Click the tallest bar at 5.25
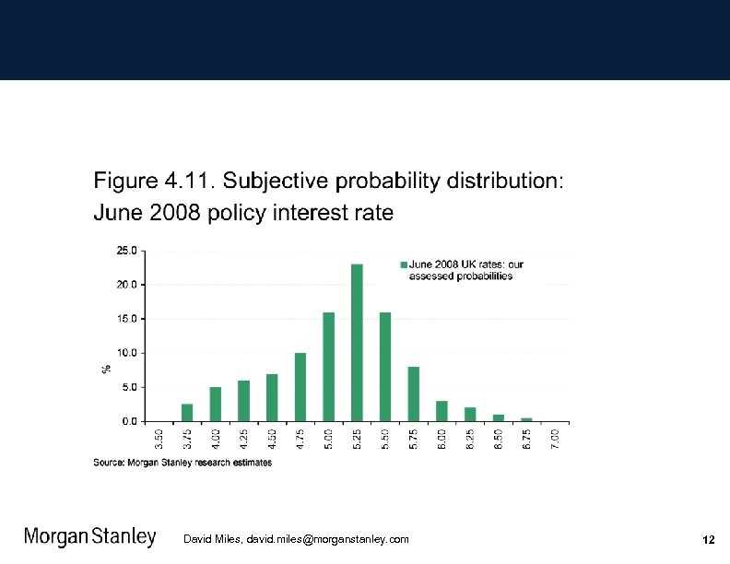pos(357,343)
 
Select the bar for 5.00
pos(328,367)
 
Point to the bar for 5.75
pos(413,394)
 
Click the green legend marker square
pos(403,264)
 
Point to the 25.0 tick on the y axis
pos(126,250)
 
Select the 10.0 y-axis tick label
pos(126,353)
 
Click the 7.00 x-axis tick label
pos(555,439)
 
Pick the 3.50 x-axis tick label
pos(159,439)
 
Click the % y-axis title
pos(106,368)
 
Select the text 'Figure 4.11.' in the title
pos(153,180)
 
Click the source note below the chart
pos(182,463)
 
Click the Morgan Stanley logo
pos(89,538)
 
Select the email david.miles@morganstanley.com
pos(327,539)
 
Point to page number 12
pos(708,539)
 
